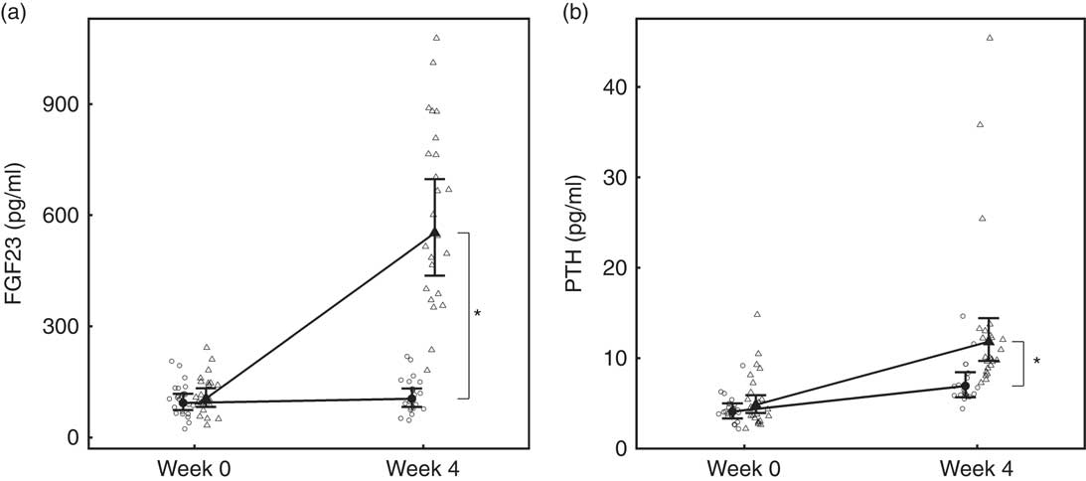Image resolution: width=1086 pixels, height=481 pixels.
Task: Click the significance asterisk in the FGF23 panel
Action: click(x=478, y=315)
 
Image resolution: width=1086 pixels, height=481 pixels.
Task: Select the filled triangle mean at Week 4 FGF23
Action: click(x=435, y=233)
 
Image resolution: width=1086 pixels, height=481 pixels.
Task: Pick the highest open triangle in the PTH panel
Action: click(x=990, y=38)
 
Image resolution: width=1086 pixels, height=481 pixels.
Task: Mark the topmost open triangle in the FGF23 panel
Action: click(x=436, y=38)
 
